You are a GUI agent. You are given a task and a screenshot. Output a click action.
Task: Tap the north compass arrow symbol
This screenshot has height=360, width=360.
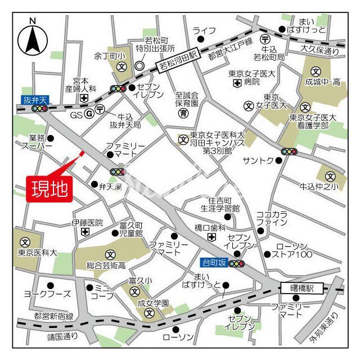[33, 39]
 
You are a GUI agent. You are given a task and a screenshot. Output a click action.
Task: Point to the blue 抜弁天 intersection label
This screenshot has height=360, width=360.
[36, 100]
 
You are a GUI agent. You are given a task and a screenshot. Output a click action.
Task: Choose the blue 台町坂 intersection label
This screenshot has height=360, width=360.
[214, 262]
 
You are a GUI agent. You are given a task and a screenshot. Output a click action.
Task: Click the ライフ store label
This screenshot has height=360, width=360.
[203, 30]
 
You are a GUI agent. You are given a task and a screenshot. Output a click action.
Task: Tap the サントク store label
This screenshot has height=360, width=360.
[258, 161]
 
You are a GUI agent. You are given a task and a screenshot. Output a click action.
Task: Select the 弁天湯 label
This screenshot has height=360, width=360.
[109, 184]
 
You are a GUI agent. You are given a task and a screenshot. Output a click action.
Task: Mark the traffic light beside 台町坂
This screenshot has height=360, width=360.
[236, 263]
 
